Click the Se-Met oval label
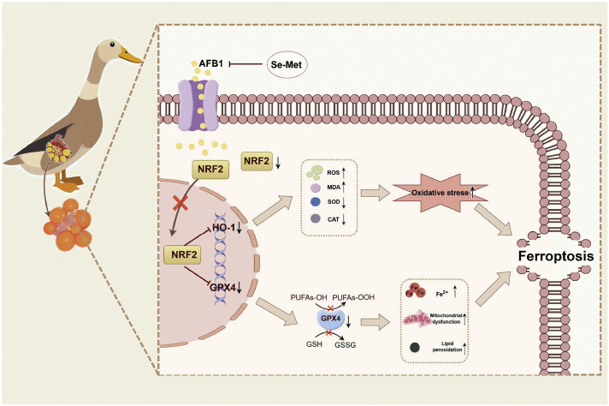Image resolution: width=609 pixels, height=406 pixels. (287, 64)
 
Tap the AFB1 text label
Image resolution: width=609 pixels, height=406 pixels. (211, 63)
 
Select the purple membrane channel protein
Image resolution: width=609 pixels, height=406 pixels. (198, 105)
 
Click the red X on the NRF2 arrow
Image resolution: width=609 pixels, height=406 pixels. (180, 203)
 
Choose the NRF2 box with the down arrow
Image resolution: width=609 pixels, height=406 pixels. (257, 161)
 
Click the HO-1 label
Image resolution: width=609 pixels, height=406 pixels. (223, 228)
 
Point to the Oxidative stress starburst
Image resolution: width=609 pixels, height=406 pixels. (440, 193)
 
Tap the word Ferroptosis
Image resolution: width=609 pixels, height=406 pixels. (556, 256)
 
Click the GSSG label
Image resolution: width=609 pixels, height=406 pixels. (346, 344)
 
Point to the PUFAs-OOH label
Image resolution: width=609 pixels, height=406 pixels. (353, 297)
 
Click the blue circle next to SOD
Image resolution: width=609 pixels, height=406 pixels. (316, 201)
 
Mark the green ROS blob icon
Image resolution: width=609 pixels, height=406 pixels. (314, 173)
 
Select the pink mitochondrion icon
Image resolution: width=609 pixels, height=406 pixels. (417, 319)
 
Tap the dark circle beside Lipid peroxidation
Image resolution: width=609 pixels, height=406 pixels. (415, 347)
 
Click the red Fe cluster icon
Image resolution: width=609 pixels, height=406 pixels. (415, 290)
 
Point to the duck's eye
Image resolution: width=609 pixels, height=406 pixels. (112, 44)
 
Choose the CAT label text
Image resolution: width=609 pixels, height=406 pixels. (334, 219)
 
